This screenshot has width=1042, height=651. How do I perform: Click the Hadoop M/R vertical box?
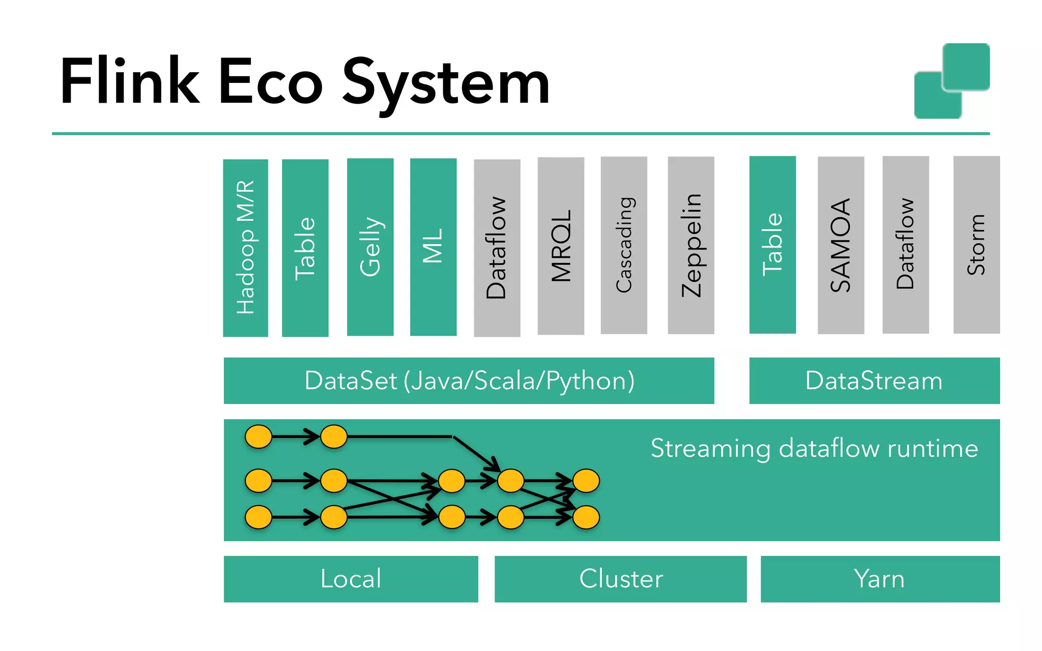click(245, 248)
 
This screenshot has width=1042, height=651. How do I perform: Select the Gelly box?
click(370, 247)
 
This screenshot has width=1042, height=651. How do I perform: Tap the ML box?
click(433, 247)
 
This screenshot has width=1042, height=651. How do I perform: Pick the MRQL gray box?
click(561, 246)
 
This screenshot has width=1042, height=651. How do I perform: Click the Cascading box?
click(624, 246)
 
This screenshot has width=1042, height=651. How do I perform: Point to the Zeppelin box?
click(691, 246)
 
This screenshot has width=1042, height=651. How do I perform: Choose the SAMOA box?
click(841, 246)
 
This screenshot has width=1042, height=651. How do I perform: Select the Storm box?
click(976, 245)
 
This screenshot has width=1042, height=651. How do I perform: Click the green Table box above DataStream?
click(772, 245)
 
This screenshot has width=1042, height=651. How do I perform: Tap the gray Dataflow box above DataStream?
click(906, 245)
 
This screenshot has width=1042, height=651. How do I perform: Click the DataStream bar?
click(874, 381)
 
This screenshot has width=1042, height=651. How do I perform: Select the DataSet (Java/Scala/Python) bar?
click(469, 381)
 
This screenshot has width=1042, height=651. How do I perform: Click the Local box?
click(351, 579)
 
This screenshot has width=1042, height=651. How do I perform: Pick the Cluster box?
click(620, 579)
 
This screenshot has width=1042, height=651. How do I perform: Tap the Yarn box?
click(880, 579)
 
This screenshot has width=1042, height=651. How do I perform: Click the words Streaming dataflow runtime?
click(814, 449)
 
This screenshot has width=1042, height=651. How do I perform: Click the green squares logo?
click(952, 81)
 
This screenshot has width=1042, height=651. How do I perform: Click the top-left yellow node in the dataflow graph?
click(258, 437)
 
